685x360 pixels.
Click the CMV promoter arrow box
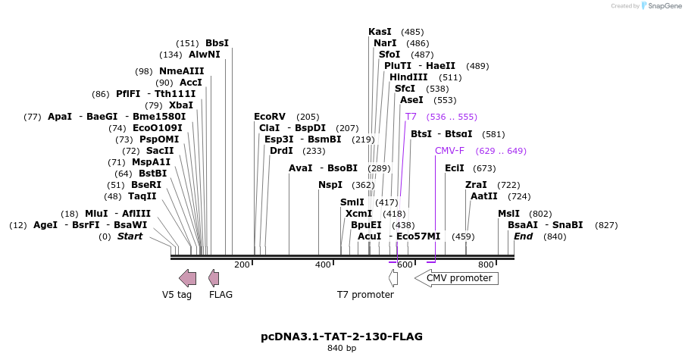pos(456,278)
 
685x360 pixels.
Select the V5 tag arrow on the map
pos(187,277)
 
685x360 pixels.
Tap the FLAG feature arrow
pos(214,277)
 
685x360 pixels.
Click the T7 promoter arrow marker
pos(393,277)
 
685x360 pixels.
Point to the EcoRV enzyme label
pos(270,117)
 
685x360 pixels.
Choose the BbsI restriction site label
pos(217,43)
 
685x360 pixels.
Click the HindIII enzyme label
pos(408,77)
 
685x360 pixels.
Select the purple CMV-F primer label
pos(449,151)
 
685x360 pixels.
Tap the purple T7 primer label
pos(411,117)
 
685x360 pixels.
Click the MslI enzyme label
pos(508,214)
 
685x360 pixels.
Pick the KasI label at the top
pos(380,32)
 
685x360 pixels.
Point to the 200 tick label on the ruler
pos(242,265)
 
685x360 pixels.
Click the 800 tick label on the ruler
pos(486,265)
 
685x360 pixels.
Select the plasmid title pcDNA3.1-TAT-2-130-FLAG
pos(342,336)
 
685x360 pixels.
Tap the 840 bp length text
pos(342,348)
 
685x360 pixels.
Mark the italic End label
pos(523,236)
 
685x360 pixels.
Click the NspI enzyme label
pos(330,185)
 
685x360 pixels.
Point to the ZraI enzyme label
pos(476,185)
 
